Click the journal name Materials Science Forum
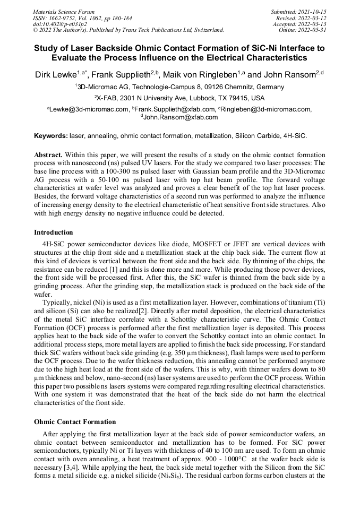tap(64, 11)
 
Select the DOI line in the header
tap(60, 24)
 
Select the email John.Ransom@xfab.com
tap(181, 117)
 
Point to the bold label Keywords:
tap(51, 136)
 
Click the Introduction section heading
tap(54, 232)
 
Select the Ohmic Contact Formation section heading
tap(75, 422)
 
